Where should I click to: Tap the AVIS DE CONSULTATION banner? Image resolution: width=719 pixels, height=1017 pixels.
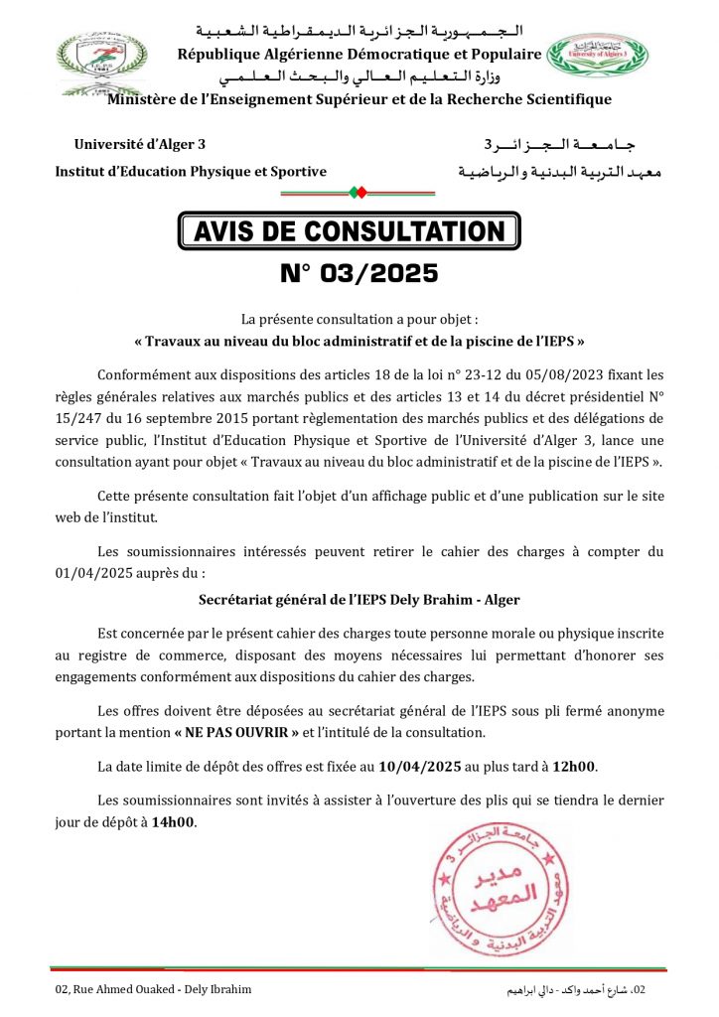[349, 231]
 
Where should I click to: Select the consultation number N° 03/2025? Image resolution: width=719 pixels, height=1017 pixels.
[359, 272]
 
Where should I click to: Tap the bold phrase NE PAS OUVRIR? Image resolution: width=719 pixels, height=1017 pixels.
[236, 733]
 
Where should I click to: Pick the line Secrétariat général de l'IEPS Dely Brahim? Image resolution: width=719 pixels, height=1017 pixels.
[359, 600]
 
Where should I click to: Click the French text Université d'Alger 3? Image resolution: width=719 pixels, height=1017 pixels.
[140, 146]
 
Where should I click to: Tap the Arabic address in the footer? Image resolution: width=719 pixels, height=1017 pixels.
[576, 989]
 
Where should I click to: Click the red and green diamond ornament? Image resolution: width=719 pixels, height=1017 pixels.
[359, 192]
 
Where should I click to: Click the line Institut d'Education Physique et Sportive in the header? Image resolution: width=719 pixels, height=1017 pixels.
[191, 172]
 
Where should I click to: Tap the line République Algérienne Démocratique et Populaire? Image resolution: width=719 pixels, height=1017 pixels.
[359, 54]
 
